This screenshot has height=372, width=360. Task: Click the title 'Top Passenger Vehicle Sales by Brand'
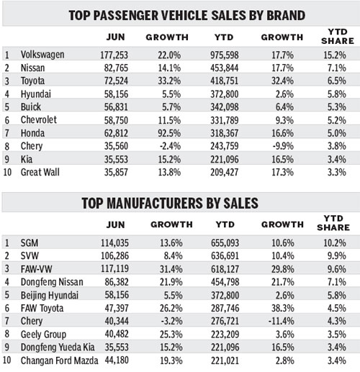179,14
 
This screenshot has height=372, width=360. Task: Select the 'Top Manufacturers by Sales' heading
179,204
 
